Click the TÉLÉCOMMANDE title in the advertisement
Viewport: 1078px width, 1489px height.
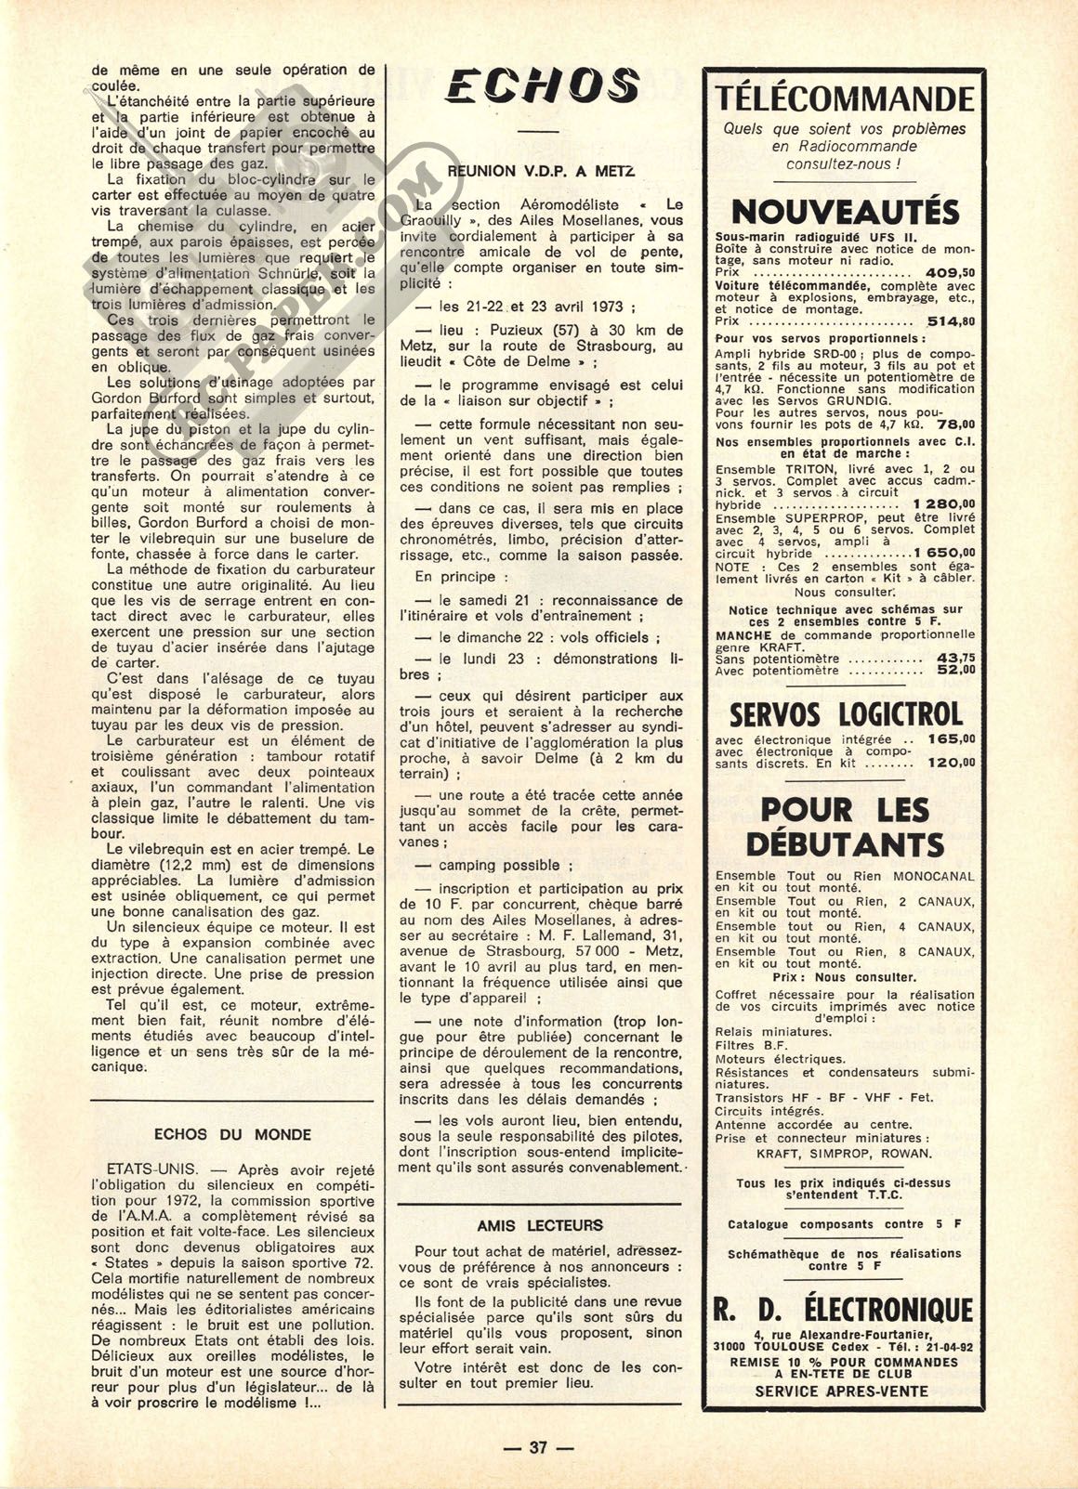[x=844, y=98]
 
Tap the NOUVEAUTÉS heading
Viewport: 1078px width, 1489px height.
[x=844, y=211]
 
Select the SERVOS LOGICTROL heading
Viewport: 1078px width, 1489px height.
[x=844, y=713]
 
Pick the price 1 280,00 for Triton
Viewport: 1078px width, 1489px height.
[x=940, y=504]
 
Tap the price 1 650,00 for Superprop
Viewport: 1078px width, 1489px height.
[x=940, y=553]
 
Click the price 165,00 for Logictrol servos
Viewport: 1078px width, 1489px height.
[x=950, y=739]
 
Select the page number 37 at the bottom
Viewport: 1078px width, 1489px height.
[x=539, y=1447]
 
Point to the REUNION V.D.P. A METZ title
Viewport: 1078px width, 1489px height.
[x=542, y=171]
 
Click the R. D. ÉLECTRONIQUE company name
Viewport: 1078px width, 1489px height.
[x=844, y=1310]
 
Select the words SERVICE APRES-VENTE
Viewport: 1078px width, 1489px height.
[x=841, y=1391]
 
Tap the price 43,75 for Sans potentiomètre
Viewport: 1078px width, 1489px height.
[x=955, y=658]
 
